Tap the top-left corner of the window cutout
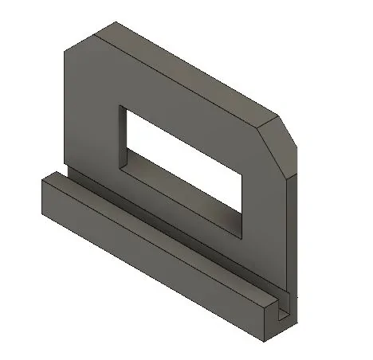click(x=120, y=105)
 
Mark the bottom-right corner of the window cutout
click(x=241, y=237)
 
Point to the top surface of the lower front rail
click(x=159, y=231)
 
